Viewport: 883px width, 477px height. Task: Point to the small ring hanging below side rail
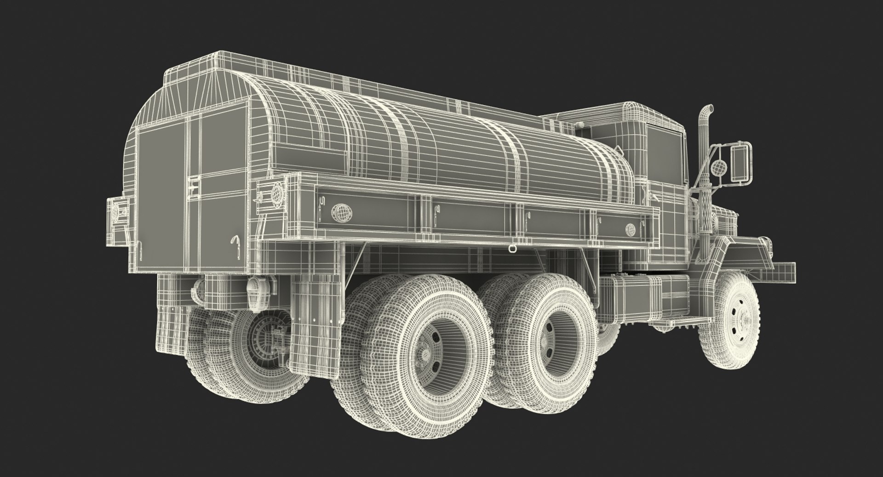pyautogui.click(x=511, y=249)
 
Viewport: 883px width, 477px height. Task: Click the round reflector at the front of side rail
pyautogui.click(x=630, y=228)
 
